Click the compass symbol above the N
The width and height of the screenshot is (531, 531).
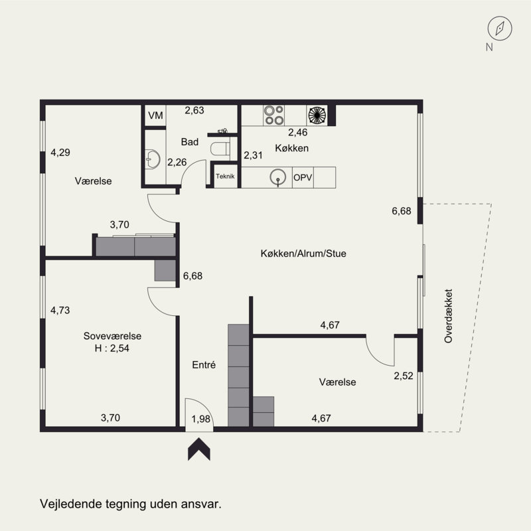point(500,29)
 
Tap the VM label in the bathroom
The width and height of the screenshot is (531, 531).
point(155,115)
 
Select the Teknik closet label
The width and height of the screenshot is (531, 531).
point(225,176)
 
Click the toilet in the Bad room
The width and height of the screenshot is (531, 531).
point(220,149)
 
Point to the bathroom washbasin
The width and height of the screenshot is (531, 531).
point(153,159)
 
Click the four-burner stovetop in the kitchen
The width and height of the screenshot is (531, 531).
point(274,115)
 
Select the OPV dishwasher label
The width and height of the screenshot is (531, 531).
point(303,177)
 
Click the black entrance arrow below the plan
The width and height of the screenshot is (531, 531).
point(199,449)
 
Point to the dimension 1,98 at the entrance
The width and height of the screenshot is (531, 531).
point(201,419)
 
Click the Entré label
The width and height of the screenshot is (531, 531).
point(204,364)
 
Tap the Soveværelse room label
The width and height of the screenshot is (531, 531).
point(112,336)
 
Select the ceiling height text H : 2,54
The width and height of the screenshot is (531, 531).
point(112,348)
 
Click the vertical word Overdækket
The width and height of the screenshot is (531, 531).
point(449,316)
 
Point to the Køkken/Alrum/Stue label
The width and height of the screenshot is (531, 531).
point(303,254)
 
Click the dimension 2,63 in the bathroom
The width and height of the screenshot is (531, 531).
point(194,110)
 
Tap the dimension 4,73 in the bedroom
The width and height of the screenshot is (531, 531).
point(60,310)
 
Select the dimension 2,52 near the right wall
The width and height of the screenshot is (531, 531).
point(404,376)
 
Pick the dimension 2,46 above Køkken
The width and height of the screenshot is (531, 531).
point(298,132)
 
